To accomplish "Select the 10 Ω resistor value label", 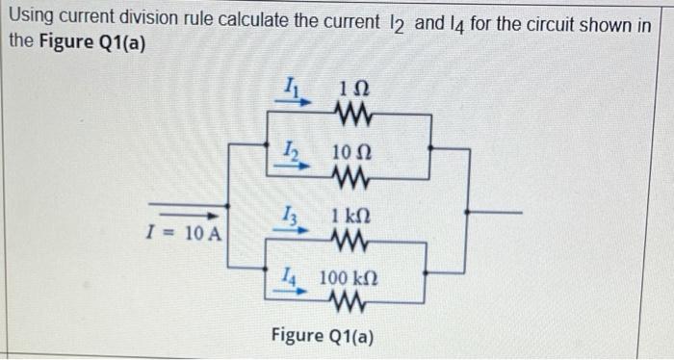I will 352,153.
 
